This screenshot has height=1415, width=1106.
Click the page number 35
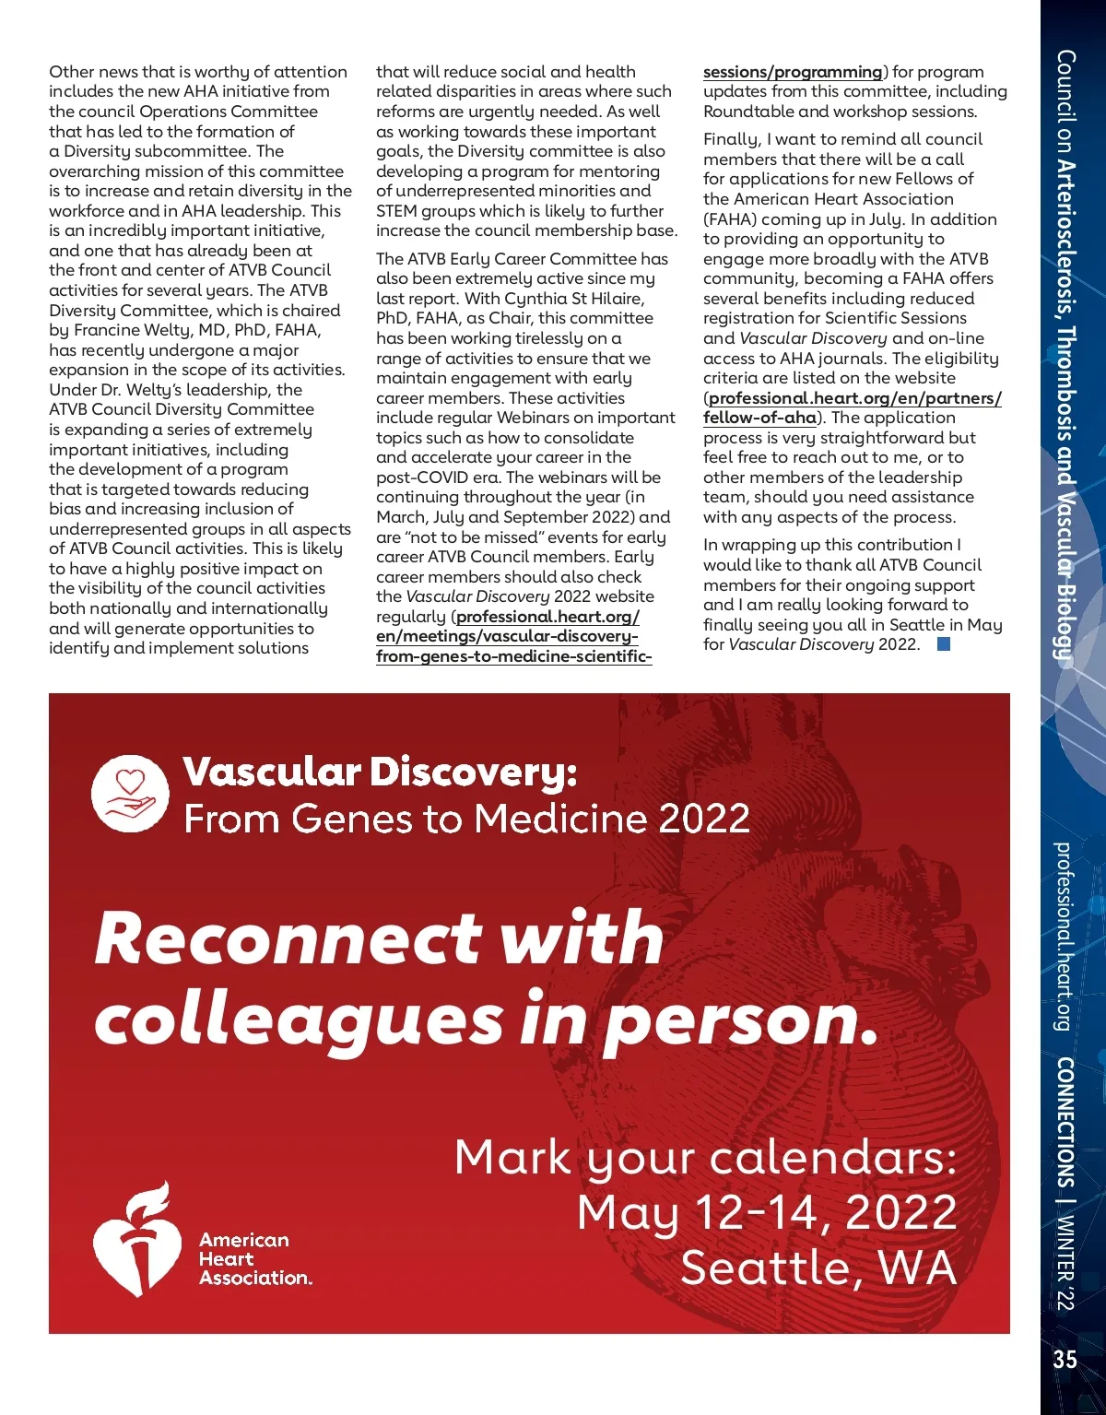pyautogui.click(x=1065, y=1360)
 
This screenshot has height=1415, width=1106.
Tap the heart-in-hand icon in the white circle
pyautogui.click(x=131, y=794)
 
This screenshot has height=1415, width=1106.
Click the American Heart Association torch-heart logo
pyautogui.click(x=135, y=1240)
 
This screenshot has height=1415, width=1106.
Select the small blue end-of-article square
pyautogui.click(x=943, y=644)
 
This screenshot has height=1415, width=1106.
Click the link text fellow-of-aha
pyautogui.click(x=759, y=418)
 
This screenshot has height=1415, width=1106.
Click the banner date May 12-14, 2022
pyautogui.click(x=767, y=1212)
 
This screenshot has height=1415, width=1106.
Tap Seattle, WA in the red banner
pyautogui.click(x=818, y=1268)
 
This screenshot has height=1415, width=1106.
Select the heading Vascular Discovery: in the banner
pyautogui.click(x=380, y=772)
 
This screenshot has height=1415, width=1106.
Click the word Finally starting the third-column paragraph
pyautogui.click(x=733, y=139)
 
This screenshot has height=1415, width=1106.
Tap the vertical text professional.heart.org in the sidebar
pyautogui.click(x=1064, y=936)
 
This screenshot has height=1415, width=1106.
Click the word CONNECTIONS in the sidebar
pyautogui.click(x=1065, y=1122)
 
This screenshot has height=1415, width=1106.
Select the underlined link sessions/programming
pyautogui.click(x=793, y=72)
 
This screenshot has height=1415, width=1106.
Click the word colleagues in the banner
pyautogui.click(x=298, y=1020)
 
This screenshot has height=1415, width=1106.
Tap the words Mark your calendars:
pyautogui.click(x=705, y=1157)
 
